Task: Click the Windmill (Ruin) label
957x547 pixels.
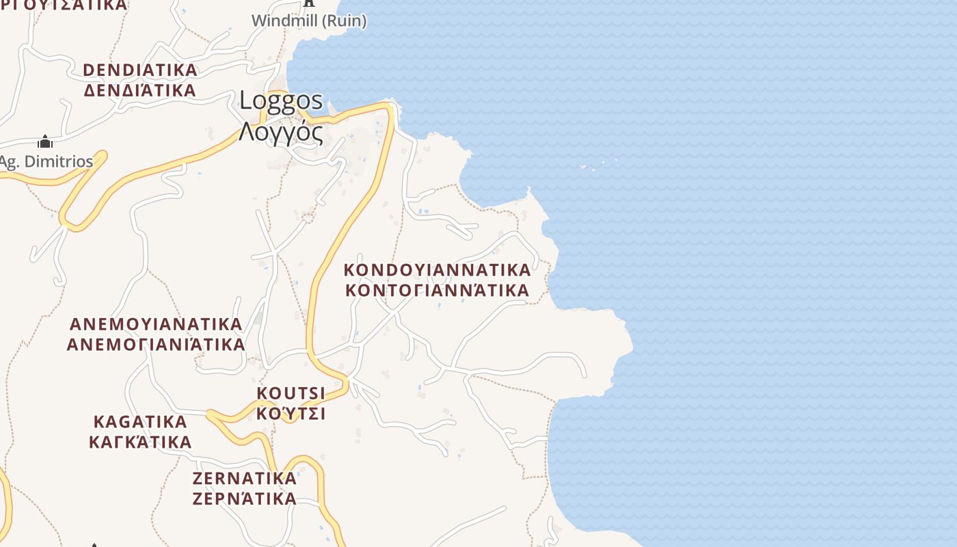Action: (309, 21)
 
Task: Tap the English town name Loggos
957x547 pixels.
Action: (281, 101)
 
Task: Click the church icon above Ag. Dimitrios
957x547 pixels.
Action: (45, 142)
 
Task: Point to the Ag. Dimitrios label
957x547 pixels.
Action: (46, 162)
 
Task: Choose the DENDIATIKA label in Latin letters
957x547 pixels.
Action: (140, 70)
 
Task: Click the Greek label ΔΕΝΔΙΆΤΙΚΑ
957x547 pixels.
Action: (140, 90)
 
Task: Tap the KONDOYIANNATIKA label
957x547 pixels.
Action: (437, 269)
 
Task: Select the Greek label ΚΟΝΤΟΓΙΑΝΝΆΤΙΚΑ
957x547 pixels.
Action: (437, 290)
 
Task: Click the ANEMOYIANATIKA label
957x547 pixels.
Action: (157, 323)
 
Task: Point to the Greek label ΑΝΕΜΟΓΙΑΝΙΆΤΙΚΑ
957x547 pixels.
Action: (156, 344)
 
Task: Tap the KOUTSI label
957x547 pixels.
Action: (291, 393)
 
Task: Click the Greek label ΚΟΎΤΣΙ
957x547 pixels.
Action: (291, 414)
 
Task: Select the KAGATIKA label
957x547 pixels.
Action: (140, 421)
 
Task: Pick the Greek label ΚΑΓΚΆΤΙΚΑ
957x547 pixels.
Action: (140, 442)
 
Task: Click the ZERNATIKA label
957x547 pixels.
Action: (245, 478)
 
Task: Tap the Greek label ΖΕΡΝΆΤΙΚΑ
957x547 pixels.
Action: (245, 498)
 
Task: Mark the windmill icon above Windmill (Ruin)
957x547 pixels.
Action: (309, 3)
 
